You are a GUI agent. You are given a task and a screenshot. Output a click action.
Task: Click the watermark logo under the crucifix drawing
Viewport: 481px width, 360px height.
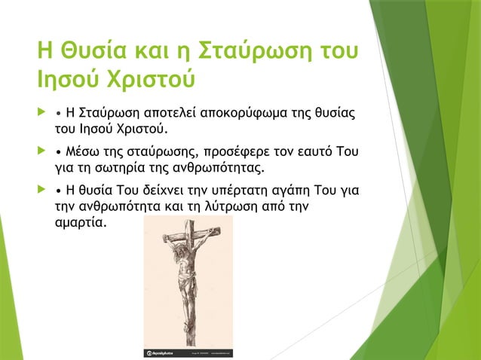(161, 352)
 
